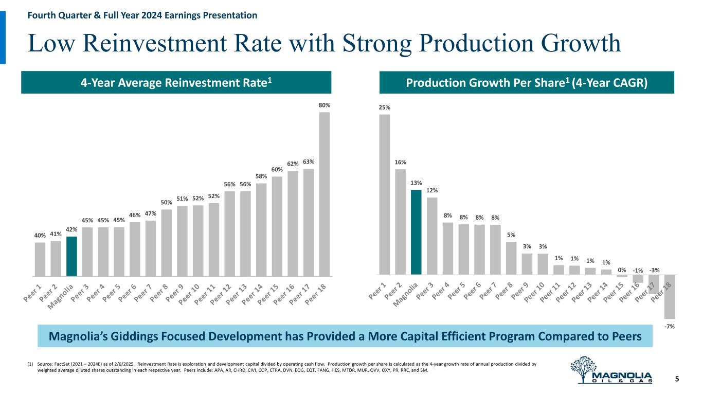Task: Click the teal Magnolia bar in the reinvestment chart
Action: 71,256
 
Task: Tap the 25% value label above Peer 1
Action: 385,107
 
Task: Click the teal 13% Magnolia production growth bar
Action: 416,232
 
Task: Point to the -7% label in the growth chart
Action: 670,327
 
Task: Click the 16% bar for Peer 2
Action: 401,222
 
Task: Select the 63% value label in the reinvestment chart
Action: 309,162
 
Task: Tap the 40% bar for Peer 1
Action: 40,259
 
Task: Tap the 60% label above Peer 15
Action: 277,169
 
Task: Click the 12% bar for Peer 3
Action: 432,236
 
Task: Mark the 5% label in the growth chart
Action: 511,235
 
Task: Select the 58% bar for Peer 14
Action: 261,229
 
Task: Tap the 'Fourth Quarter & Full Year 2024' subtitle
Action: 118,15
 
